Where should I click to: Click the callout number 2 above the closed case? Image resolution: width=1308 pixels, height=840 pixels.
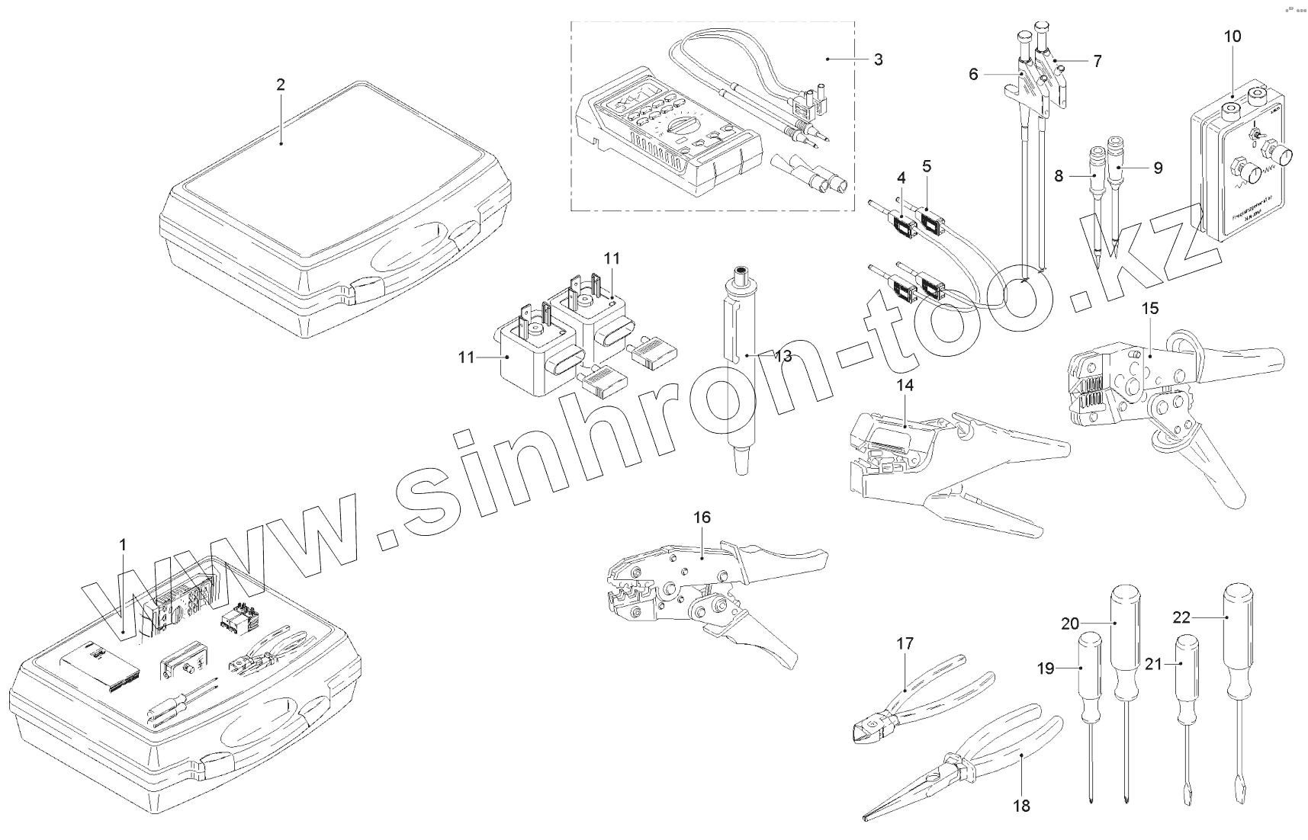tap(281, 85)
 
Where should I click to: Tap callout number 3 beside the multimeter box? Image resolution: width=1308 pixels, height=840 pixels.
tap(878, 59)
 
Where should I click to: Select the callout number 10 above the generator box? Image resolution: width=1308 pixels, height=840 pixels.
tap(1232, 36)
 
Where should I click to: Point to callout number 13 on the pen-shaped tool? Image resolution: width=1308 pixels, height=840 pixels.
tap(782, 356)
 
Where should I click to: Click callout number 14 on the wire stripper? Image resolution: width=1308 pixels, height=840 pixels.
tap(905, 386)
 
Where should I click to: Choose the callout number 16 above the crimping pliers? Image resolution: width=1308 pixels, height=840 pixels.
tap(702, 518)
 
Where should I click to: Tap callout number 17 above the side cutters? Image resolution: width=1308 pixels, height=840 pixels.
tap(905, 644)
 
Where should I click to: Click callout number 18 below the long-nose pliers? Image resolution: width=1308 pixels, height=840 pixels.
tap(1021, 805)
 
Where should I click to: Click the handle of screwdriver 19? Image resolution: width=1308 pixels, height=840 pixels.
tap(1089, 667)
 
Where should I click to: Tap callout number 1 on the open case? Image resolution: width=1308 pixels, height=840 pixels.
tap(123, 545)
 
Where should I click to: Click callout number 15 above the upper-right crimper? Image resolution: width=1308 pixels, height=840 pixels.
tap(1150, 308)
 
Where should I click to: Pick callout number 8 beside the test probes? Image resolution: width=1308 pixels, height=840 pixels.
tap(1059, 176)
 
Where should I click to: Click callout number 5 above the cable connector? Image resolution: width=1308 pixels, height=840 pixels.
tap(927, 165)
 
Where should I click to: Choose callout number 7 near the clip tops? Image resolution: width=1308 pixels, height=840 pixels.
tap(1097, 61)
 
